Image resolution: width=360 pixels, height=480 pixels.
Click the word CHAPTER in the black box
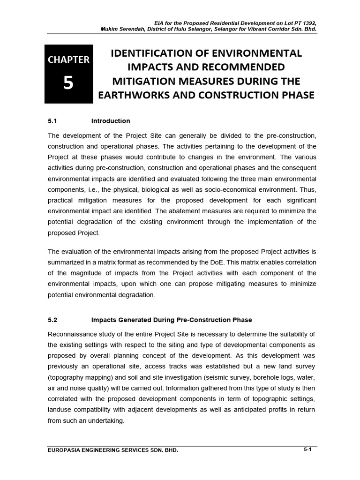(68, 60)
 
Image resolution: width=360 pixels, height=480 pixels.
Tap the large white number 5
(68, 84)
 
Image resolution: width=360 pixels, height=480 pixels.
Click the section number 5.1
(52, 121)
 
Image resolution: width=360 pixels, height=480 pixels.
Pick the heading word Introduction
(111, 121)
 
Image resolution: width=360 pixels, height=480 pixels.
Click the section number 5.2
(52, 320)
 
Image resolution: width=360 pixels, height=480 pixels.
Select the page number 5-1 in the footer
(307, 450)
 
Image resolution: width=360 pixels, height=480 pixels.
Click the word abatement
(196, 211)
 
